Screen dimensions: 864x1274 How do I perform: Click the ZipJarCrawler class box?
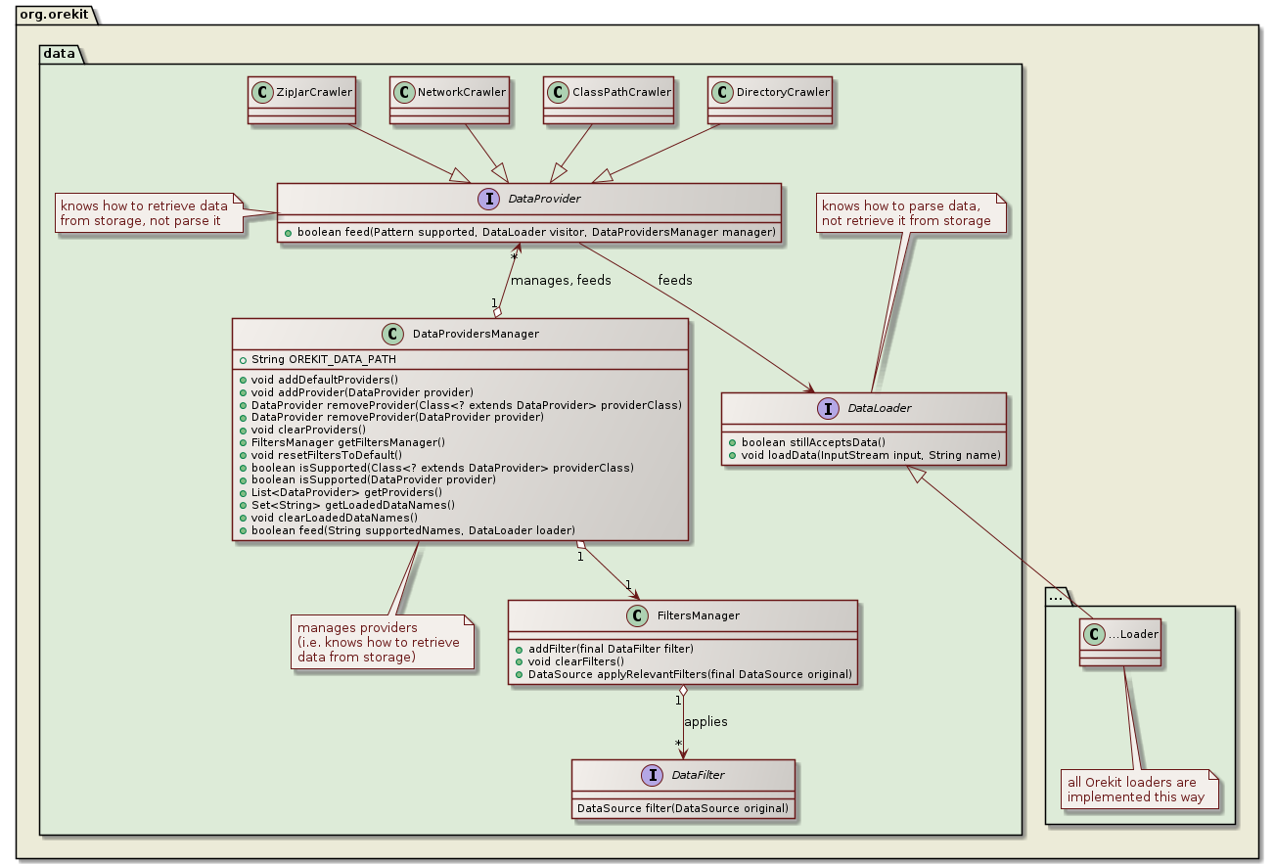coord(299,99)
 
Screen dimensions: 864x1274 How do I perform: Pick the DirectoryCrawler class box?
coord(770,99)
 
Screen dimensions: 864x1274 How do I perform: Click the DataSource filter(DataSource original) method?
coord(683,808)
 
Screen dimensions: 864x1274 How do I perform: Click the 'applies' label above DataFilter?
coord(705,721)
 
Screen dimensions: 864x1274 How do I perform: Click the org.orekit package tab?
coord(49,10)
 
